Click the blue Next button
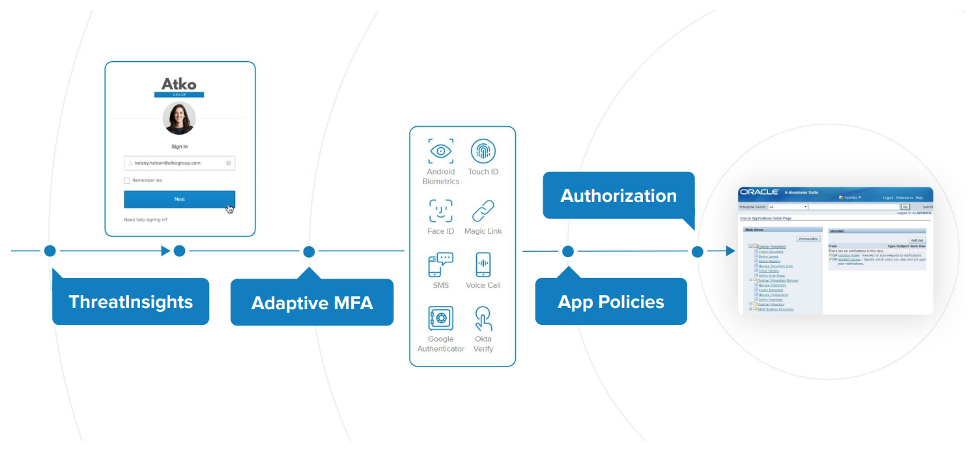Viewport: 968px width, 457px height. [179, 199]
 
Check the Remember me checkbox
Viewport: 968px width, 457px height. [127, 180]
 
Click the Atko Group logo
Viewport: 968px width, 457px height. [179, 87]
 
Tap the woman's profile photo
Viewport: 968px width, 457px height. [179, 118]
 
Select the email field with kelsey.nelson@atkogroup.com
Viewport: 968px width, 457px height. [179, 163]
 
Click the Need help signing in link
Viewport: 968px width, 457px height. [145, 220]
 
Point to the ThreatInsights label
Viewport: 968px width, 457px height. [130, 301]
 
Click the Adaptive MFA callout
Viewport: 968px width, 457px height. [312, 303]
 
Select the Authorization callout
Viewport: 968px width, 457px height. [618, 195]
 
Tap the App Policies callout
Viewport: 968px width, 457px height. [611, 301]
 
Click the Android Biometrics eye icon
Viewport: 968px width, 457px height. [441, 151]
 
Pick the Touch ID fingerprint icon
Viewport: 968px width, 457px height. [483, 151]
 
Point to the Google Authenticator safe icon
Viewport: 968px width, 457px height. [441, 319]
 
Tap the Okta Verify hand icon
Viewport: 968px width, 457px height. [483, 319]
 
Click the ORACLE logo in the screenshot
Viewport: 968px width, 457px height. [760, 192]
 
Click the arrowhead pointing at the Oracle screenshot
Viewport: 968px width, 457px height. [730, 251]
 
